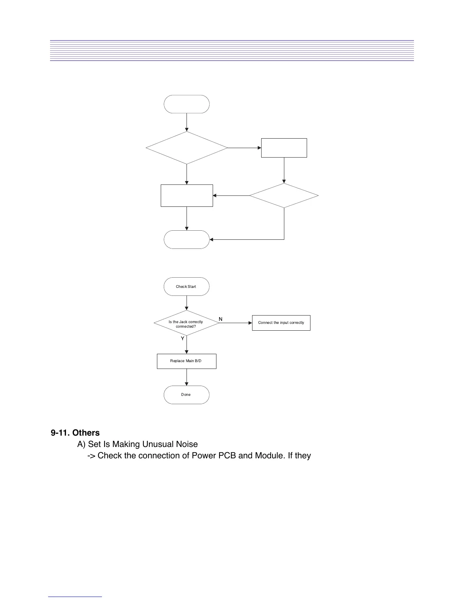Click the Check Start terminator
tap(186, 286)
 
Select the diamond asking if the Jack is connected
tap(186, 323)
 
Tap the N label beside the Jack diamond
tap(221, 319)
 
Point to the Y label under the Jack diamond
tap(182, 338)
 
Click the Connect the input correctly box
tap(281, 323)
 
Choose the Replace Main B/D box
tap(186, 361)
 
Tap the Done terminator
tap(186, 395)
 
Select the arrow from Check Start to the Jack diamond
tap(187, 303)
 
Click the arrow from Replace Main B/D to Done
tap(187, 377)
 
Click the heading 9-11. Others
tap(75, 433)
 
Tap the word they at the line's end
tap(303, 455)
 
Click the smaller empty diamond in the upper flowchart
tap(284, 195)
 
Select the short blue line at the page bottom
tap(75, 597)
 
